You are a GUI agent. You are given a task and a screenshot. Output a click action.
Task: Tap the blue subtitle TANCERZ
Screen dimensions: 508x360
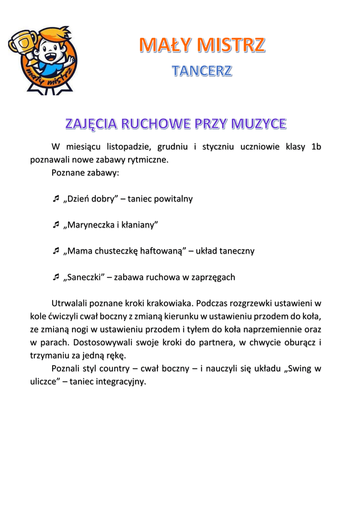coord(202,71)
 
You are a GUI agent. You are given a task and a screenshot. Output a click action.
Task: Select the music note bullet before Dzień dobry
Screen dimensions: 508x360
coord(56,199)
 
